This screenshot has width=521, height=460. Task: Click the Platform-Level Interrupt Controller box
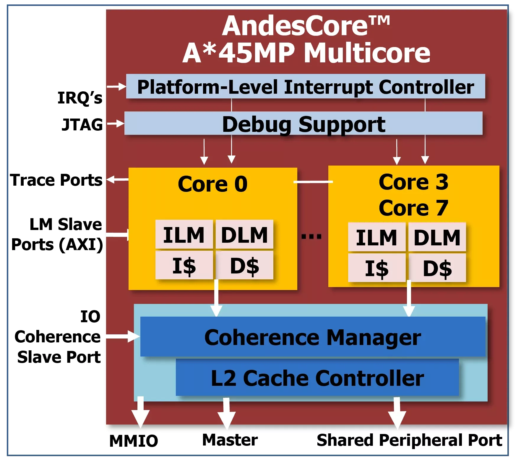[x=306, y=86]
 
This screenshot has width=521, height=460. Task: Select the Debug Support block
[x=303, y=124]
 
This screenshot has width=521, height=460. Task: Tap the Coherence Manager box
[x=313, y=337]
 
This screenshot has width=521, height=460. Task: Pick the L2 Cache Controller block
[x=317, y=378]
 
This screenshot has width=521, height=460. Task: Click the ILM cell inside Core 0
[x=184, y=235]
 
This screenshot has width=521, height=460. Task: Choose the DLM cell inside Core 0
[x=244, y=235]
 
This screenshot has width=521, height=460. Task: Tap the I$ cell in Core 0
[x=184, y=265]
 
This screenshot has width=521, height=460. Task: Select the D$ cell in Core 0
[x=244, y=265]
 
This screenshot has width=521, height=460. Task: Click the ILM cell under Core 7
[x=376, y=237]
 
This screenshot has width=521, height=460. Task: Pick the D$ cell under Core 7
[x=437, y=268]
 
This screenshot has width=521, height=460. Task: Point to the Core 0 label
[x=212, y=184]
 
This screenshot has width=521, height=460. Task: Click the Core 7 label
[x=413, y=208]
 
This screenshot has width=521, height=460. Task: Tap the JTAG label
[x=82, y=124]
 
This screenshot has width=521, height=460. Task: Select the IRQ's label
[x=80, y=98]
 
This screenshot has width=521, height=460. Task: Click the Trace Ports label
[x=56, y=180]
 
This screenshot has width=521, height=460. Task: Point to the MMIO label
[x=134, y=441]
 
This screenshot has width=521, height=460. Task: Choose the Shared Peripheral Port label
[x=409, y=440]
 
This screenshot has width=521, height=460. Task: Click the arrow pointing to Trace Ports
[x=117, y=179]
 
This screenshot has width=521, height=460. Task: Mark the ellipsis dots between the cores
[x=311, y=236]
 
